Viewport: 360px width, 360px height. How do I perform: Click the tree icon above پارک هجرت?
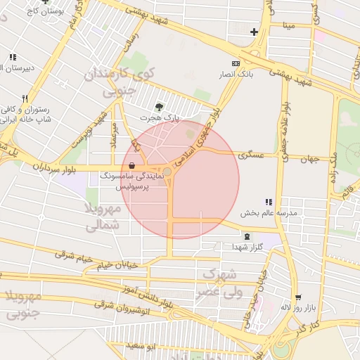pyautogui.click(x=160, y=106)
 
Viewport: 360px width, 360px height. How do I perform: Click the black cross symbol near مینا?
pyautogui.click(x=254, y=32)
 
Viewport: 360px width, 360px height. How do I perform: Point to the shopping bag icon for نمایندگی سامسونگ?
pyautogui.click(x=132, y=167)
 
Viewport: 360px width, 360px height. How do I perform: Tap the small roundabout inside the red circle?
pyautogui.click(x=168, y=172)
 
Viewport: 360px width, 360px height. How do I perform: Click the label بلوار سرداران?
pyautogui.click(x=53, y=167)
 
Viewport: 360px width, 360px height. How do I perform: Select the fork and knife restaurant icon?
pyautogui.click(x=25, y=98)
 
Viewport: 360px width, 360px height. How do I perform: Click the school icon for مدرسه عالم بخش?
pyautogui.click(x=269, y=202)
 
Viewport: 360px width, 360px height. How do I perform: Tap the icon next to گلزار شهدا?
pyautogui.click(x=246, y=237)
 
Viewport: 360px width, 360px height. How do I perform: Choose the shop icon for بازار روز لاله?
pyautogui.click(x=298, y=298)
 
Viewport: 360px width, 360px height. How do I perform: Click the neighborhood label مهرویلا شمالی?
pyautogui.click(x=103, y=217)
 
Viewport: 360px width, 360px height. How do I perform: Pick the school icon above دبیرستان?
pyautogui.click(x=13, y=57)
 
